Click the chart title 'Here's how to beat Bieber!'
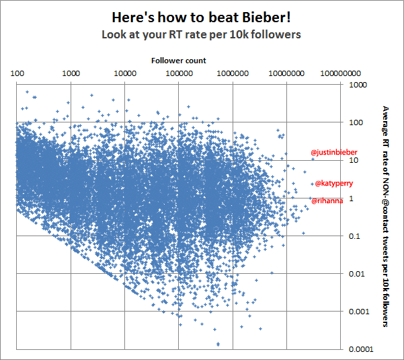(x=201, y=16)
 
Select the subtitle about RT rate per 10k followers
(x=201, y=34)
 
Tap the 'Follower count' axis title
(x=178, y=61)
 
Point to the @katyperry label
(x=334, y=183)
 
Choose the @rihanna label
(x=327, y=201)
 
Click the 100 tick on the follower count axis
(x=17, y=72)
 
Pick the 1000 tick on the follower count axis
(x=71, y=72)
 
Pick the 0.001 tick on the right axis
(x=357, y=312)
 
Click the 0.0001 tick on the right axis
(x=359, y=349)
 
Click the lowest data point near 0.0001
(x=218, y=344)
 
